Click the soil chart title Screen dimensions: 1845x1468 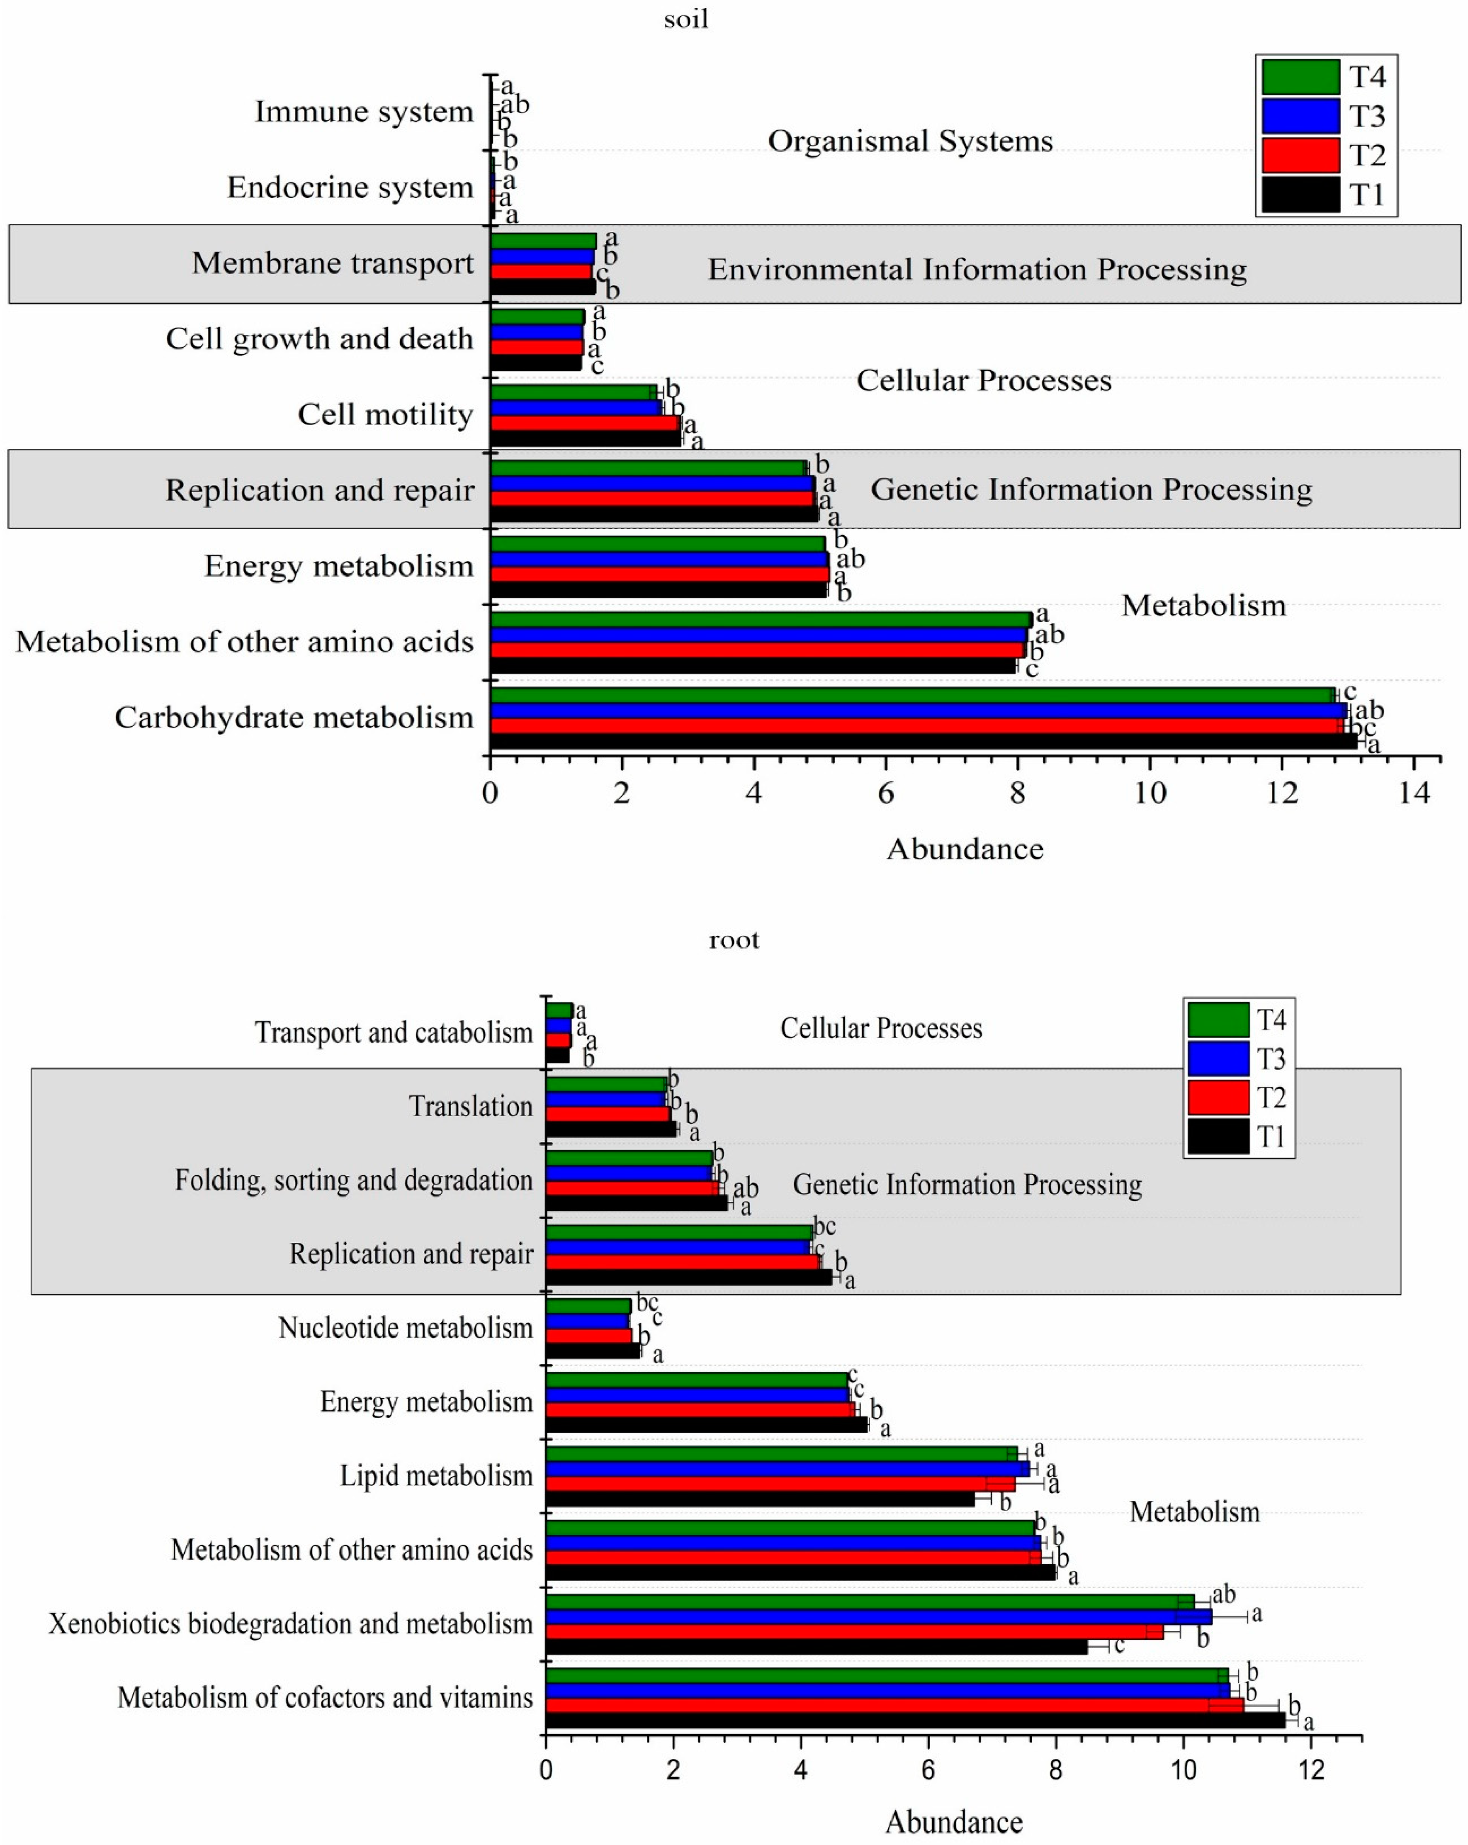pos(686,19)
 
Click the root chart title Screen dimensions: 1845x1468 pos(734,940)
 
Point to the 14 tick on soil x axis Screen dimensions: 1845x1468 pos(1413,792)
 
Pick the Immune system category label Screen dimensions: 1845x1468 pos(364,111)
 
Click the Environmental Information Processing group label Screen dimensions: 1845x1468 pos(977,270)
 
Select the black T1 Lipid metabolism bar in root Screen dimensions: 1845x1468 pos(760,1499)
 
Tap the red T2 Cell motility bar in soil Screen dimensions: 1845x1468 pos(584,423)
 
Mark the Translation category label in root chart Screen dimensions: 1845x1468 pos(471,1107)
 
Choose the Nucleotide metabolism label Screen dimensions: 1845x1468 pos(406,1328)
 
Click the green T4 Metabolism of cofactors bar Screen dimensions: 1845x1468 pos(886,1676)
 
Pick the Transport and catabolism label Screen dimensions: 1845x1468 pos(394,1032)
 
